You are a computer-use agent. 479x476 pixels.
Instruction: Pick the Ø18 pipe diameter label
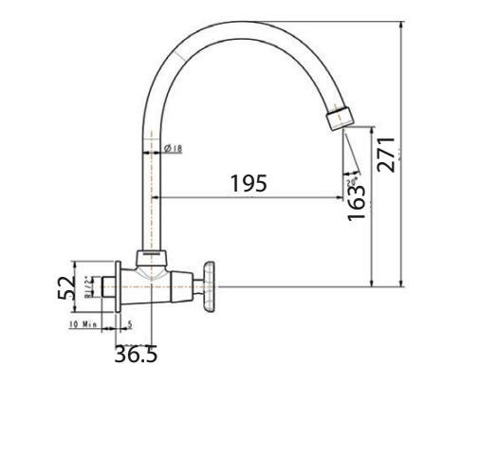coord(173,149)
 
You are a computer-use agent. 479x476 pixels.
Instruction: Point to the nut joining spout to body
coord(151,257)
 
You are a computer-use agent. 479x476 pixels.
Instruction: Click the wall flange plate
coord(118,285)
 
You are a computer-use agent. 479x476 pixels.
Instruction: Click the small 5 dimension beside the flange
coord(130,324)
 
